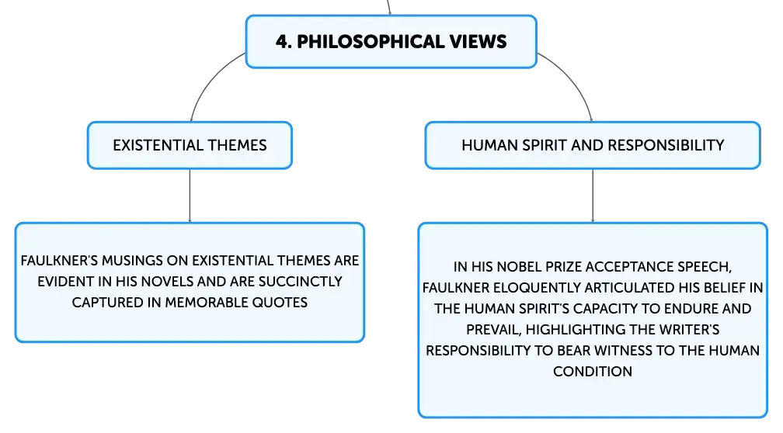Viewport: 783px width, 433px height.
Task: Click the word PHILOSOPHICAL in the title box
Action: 370,42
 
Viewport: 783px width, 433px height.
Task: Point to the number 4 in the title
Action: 283,42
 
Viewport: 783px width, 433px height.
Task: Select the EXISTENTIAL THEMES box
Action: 190,145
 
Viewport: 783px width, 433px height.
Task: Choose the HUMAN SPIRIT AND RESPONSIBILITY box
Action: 593,145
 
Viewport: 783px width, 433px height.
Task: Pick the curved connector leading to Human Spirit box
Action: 573,79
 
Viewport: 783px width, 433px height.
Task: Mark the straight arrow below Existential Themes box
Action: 190,196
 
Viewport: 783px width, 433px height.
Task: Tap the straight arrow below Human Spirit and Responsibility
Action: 593,196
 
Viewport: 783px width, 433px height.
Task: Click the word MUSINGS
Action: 132,261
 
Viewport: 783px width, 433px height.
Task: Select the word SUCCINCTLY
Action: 300,282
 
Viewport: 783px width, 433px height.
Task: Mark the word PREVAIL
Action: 493,330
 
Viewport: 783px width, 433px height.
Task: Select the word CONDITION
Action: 593,372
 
